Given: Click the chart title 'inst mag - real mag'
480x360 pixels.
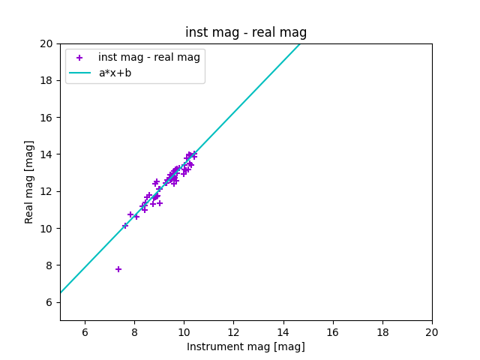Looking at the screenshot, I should coord(246,32).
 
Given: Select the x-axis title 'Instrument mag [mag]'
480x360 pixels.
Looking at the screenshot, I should coord(246,346).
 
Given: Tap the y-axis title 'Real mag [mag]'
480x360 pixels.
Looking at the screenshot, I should coord(30,181).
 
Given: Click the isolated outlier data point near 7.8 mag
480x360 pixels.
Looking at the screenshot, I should coord(118,269).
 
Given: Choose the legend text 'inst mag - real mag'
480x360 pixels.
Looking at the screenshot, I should coord(149,57).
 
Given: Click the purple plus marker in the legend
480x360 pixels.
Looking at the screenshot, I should coord(79,58).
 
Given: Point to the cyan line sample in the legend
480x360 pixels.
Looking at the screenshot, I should coord(79,73).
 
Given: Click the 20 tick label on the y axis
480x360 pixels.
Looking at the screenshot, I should coord(46,43).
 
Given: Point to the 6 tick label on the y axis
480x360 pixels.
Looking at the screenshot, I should coord(49,302).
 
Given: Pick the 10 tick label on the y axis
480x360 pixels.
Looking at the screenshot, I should coord(46,228).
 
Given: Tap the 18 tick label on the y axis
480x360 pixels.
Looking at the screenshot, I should coord(46,80).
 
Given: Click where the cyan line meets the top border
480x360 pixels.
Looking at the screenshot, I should coord(300,43).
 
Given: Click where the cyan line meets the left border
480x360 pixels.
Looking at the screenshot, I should coord(60,292).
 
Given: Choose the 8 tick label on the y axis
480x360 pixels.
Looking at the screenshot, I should coord(49,265).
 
